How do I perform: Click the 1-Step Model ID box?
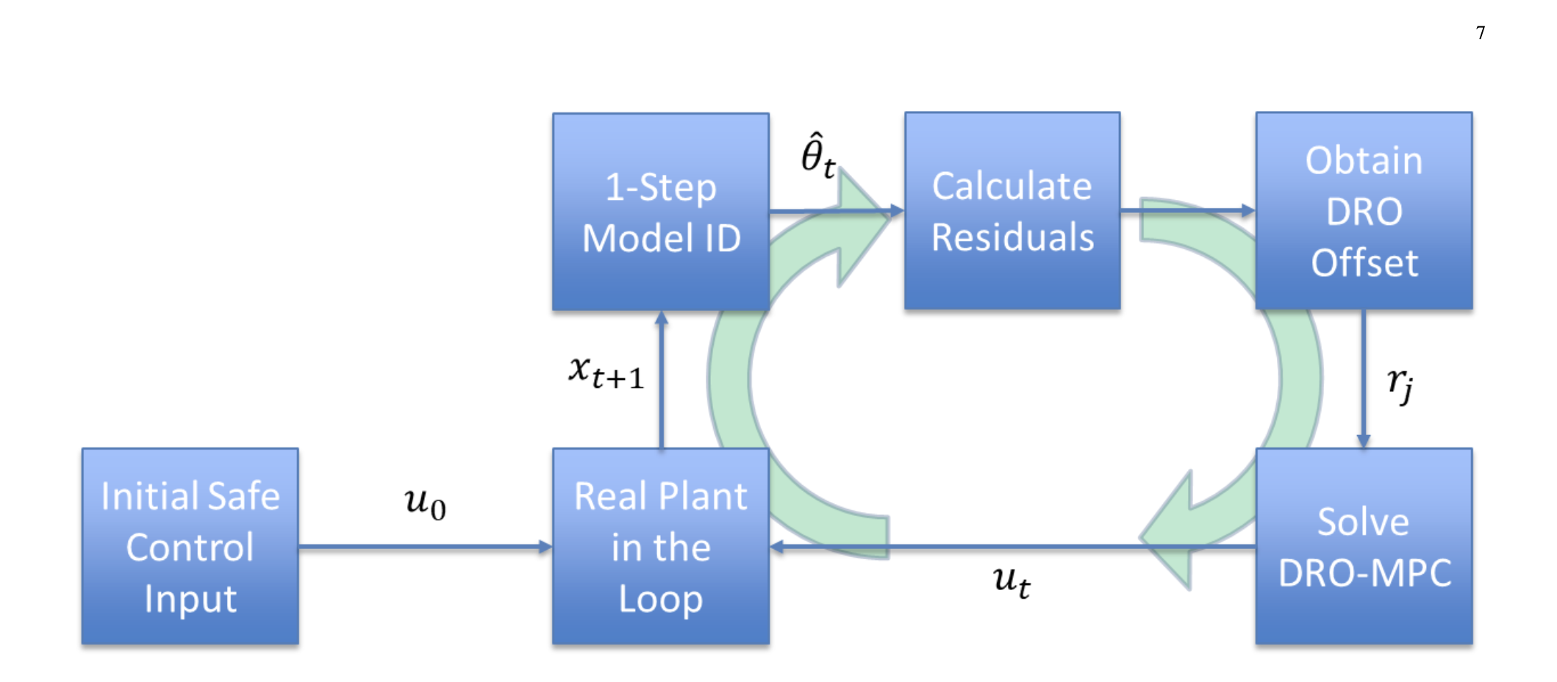tap(660, 212)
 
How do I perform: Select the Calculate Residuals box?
tap(1012, 212)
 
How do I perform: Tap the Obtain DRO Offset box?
tap(1363, 212)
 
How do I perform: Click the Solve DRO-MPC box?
tap(1363, 547)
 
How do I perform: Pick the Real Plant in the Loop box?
tap(660, 547)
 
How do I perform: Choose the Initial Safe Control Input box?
tap(190, 547)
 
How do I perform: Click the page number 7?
tap(1480, 33)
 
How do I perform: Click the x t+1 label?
tap(606, 372)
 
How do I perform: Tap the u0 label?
tap(425, 503)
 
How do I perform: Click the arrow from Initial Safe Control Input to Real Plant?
tap(425, 547)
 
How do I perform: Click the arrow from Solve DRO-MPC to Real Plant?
tap(1012, 547)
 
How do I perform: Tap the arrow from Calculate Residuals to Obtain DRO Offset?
tap(1187, 211)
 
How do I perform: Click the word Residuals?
tap(1012, 237)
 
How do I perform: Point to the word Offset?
tap(1364, 263)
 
